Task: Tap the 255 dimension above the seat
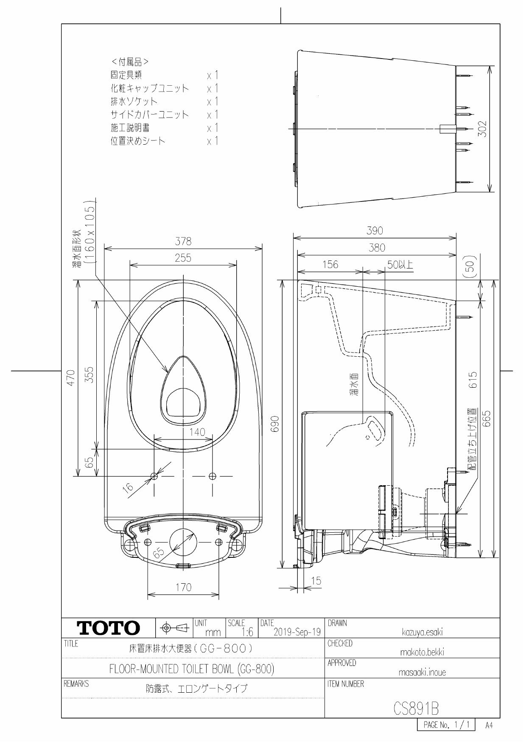click(183, 258)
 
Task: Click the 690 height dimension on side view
click(275, 424)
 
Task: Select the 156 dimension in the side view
click(330, 265)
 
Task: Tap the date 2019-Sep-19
click(297, 632)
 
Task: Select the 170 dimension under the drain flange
click(183, 587)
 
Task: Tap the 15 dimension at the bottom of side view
click(316, 581)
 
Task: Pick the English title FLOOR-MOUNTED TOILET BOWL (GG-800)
click(192, 669)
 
